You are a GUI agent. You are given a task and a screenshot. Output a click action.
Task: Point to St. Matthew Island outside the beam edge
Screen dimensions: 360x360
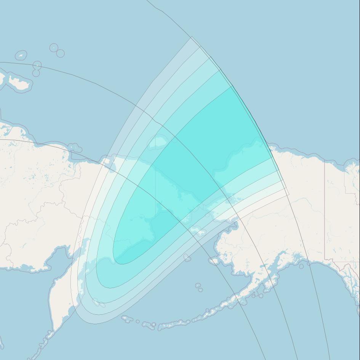(x=187, y=258)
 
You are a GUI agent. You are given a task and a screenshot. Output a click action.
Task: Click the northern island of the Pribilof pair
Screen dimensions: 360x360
(x=197, y=285)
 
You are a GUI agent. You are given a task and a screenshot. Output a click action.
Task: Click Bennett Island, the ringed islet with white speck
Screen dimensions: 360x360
(x=54, y=47)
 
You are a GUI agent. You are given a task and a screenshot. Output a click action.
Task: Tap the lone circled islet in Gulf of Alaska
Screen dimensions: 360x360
(x=301, y=266)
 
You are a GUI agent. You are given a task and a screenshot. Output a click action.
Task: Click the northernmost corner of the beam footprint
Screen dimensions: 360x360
(x=191, y=37)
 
